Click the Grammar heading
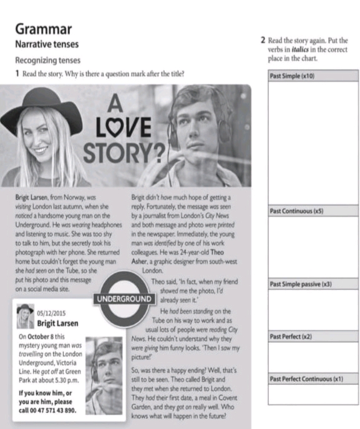pos(44,29)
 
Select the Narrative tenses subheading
pos(47,45)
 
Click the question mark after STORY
pos(160,151)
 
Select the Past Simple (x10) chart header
pos(292,76)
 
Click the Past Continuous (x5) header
pos(296,211)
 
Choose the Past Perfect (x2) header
pos(291,337)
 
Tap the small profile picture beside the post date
pos(26,316)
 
